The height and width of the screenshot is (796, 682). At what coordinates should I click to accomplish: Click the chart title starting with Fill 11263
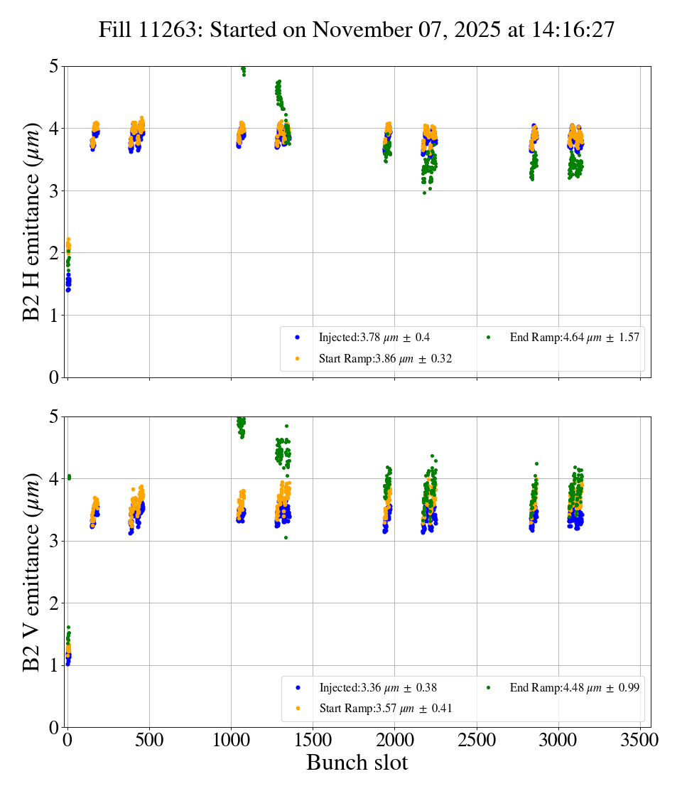(356, 30)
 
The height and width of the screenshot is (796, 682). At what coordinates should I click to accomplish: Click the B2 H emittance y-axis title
(32, 222)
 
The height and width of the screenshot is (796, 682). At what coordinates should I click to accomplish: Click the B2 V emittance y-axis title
(32, 572)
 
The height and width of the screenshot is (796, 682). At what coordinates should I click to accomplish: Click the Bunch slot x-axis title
(357, 763)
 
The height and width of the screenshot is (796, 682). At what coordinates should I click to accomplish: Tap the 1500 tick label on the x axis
(313, 741)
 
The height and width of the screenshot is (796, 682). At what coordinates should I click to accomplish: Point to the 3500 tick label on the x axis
(641, 741)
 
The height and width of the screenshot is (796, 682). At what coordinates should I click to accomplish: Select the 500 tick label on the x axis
(149, 741)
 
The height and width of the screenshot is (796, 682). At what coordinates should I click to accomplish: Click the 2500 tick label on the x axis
(477, 741)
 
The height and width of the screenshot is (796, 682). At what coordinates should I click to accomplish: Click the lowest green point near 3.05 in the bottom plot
(286, 537)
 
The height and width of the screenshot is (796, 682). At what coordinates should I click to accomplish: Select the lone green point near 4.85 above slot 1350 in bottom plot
(286, 426)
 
